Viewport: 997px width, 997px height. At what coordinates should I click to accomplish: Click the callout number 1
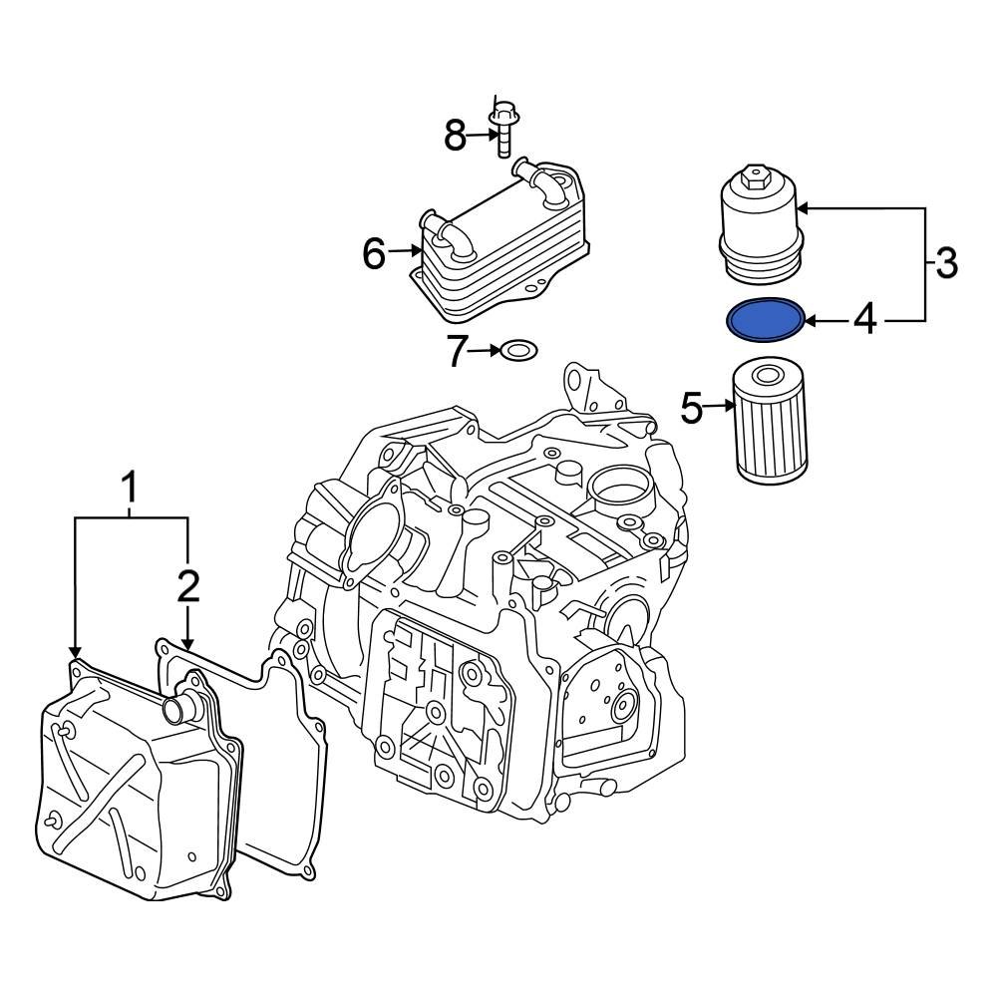[x=129, y=490]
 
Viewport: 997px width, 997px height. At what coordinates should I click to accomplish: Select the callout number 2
[x=188, y=586]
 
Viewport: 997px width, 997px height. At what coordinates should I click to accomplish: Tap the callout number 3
[x=946, y=264]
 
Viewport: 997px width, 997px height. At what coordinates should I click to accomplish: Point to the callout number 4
[x=864, y=320]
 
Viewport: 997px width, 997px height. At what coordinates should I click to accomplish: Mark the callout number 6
[x=374, y=254]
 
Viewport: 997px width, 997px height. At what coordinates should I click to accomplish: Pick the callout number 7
[x=458, y=351]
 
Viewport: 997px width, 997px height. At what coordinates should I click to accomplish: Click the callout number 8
[x=456, y=135]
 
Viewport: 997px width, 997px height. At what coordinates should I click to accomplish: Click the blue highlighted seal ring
[x=765, y=319]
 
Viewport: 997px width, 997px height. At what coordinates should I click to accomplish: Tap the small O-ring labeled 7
[x=517, y=351]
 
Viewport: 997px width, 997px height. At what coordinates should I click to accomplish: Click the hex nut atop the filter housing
[x=753, y=180]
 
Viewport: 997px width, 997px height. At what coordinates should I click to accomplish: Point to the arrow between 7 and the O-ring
[x=486, y=351]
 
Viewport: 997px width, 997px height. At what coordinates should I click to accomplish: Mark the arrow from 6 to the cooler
[x=404, y=251]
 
